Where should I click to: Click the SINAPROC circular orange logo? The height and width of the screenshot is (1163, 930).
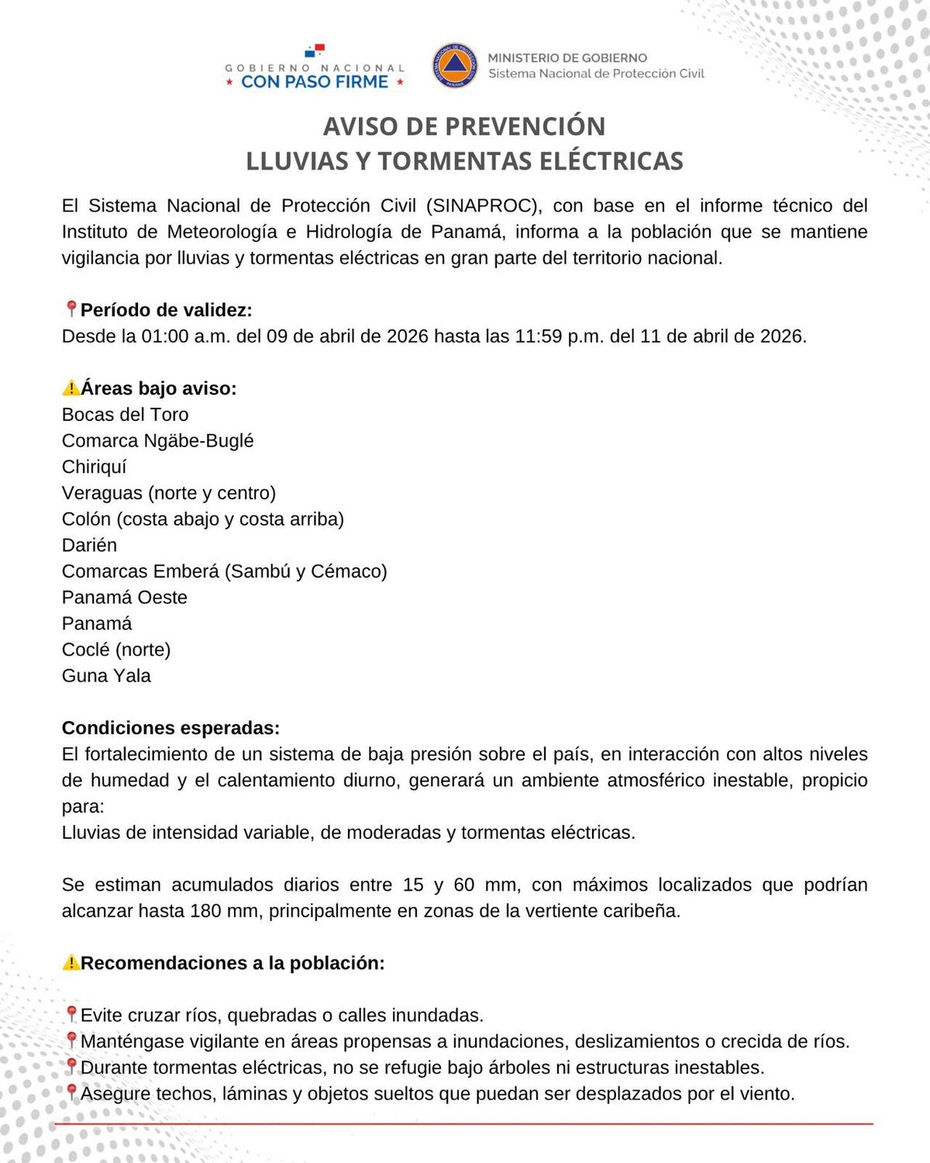[455, 65]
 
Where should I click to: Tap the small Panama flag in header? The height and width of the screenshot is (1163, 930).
[315, 52]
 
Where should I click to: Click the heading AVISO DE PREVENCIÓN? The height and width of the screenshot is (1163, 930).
[464, 126]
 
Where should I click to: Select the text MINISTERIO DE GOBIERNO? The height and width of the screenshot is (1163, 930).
[567, 58]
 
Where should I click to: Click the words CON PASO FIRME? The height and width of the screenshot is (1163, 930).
[315, 82]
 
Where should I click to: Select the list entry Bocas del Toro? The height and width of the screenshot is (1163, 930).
[125, 415]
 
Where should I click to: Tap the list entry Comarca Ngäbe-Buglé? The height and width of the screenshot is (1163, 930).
[157, 441]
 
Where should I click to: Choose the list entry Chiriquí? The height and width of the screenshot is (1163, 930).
[94, 467]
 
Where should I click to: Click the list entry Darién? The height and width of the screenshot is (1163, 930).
[89, 545]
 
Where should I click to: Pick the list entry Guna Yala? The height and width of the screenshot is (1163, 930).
[106, 676]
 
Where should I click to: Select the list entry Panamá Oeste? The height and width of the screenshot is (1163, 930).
[124, 598]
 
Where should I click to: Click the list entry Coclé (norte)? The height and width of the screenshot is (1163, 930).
[116, 650]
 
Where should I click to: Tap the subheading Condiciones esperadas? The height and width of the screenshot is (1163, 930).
[170, 728]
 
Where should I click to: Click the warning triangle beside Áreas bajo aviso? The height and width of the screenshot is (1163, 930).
[71, 388]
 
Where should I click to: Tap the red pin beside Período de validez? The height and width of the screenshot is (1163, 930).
[71, 309]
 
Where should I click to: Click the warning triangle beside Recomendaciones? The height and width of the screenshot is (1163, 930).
[71, 963]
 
